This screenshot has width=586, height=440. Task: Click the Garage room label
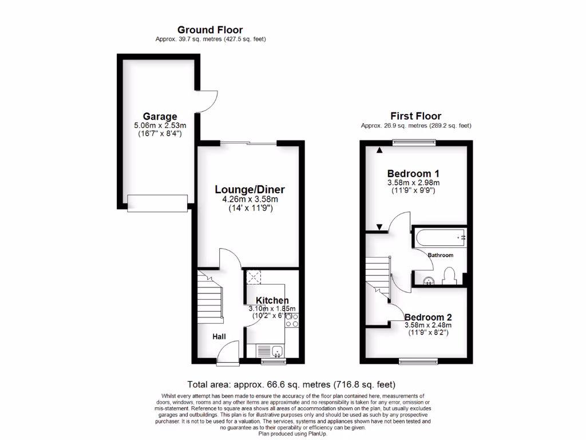coord(160,116)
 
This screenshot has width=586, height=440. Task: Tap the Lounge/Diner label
coord(250,189)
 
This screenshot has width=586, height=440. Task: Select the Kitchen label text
coord(272,300)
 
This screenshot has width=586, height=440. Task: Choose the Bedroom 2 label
coord(428,317)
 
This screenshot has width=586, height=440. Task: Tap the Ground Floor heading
coord(210,30)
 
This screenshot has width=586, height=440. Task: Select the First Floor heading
coord(416,116)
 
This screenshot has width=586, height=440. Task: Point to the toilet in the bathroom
coord(450,276)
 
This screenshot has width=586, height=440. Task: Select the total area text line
coord(291,384)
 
